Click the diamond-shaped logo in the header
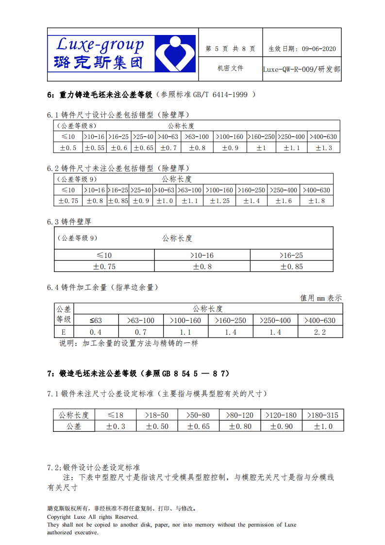(175, 53)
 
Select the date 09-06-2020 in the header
(318, 49)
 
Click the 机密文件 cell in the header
(230, 68)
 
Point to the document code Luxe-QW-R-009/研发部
(301, 69)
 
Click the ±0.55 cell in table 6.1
(94, 148)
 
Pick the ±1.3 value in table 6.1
(324, 148)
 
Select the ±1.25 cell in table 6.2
(219, 201)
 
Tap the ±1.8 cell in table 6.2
(317, 201)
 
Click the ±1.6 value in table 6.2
(284, 201)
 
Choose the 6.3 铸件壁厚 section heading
(69, 221)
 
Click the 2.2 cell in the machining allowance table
(320, 332)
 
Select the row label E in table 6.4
(63, 332)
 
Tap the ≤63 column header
(96, 321)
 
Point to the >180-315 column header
(323, 415)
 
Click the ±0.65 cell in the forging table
(199, 426)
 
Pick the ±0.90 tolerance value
(282, 426)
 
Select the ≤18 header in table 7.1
(116, 415)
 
